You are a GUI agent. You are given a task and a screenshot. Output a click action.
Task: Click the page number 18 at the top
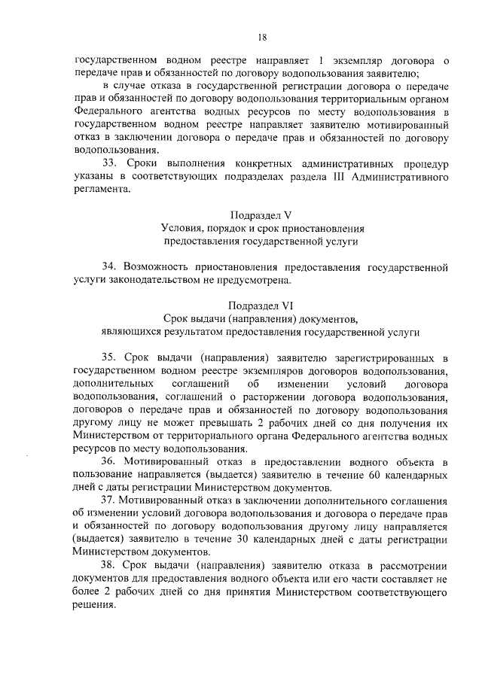pyautogui.click(x=262, y=36)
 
